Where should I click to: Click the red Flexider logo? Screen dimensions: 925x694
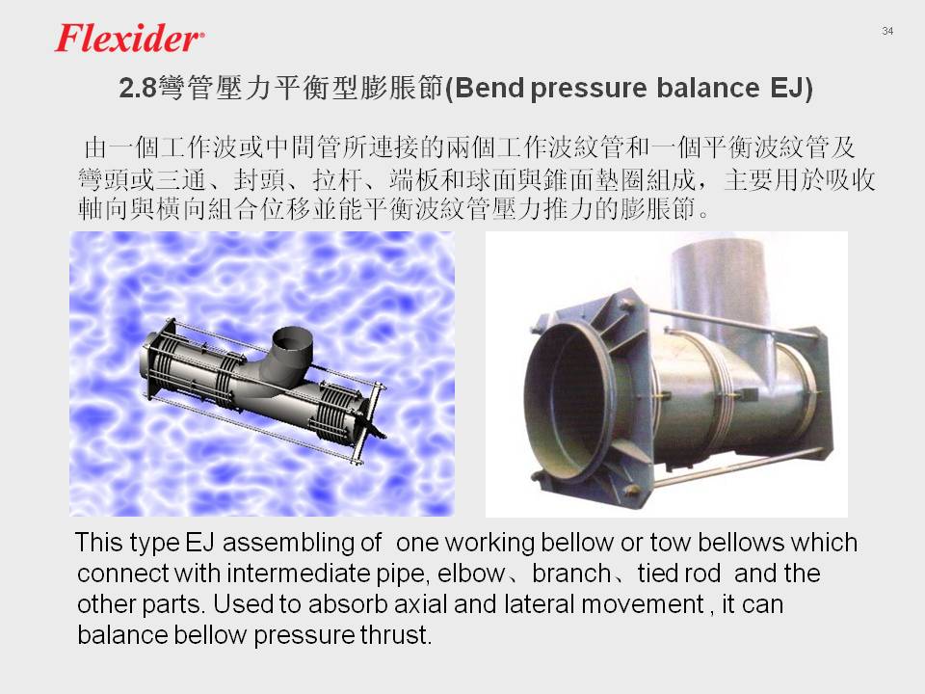(128, 39)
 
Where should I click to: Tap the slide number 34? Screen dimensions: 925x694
(887, 31)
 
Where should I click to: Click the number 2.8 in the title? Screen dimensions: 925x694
(138, 89)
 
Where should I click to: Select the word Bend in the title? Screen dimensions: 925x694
(489, 88)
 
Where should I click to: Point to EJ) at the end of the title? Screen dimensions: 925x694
(792, 89)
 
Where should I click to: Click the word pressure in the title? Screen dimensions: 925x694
(590, 89)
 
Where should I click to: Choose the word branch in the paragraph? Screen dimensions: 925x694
(571, 574)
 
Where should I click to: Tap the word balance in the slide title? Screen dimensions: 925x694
(707, 88)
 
